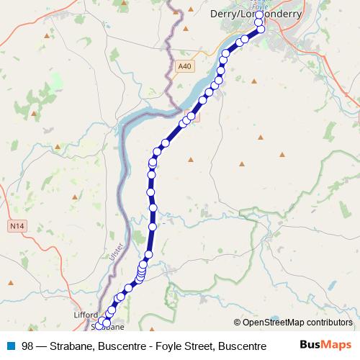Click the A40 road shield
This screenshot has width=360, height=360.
click(x=185, y=66)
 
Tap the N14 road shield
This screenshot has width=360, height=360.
click(x=17, y=226)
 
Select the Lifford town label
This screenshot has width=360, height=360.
click(x=85, y=315)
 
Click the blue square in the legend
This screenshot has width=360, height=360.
click(x=11, y=346)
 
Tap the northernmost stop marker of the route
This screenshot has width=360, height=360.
click(x=259, y=15)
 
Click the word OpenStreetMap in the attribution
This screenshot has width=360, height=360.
click(x=273, y=323)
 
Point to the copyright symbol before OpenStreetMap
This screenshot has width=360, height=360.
click(x=238, y=323)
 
